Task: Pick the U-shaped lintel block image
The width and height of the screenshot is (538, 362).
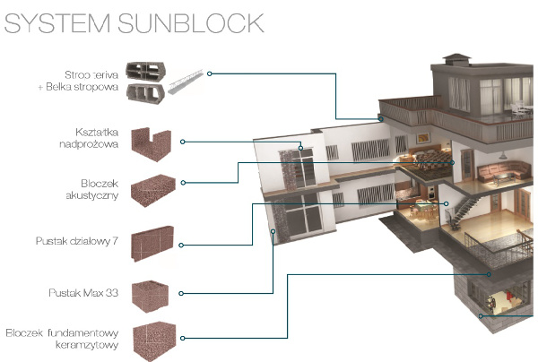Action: (x=151, y=142)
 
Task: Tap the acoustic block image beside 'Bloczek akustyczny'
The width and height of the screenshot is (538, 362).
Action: (x=153, y=189)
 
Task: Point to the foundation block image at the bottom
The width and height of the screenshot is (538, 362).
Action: (x=154, y=340)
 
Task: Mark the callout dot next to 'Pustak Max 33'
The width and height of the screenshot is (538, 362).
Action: (x=182, y=293)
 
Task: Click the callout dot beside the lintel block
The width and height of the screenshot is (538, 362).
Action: (x=182, y=142)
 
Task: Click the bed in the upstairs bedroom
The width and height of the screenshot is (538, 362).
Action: (x=425, y=162)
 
